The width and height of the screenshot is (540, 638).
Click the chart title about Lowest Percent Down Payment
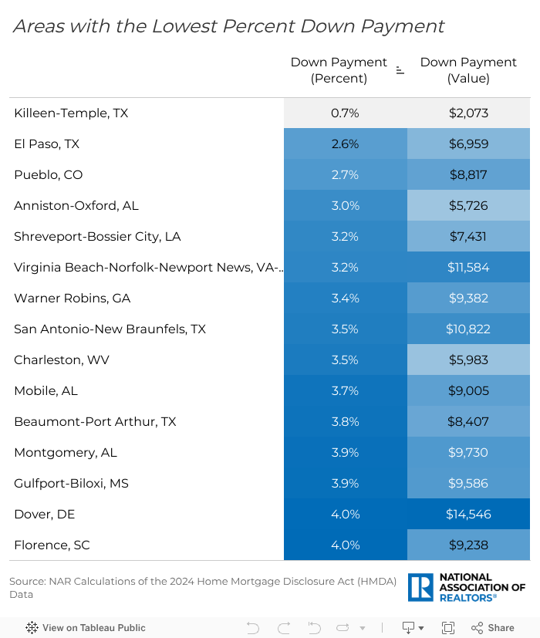coord(228,26)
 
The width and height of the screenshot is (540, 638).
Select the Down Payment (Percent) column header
coord(339,70)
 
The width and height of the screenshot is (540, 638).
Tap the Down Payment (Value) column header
coord(468,70)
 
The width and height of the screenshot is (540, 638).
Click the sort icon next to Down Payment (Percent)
coord(400,70)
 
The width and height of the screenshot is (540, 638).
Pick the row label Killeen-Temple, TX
coord(71,113)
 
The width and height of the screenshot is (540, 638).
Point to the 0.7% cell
coord(345,113)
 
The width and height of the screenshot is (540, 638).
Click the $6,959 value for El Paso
coord(468,144)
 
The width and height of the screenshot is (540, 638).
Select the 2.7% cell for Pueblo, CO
coord(345,175)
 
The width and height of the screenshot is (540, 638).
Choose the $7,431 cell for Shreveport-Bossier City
coord(468,237)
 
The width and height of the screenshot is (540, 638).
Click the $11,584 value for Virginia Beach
coord(468,268)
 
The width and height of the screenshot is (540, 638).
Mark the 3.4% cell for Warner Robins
coord(345,299)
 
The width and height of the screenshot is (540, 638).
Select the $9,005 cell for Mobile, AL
coord(468,391)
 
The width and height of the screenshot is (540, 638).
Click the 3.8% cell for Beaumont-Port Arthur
coord(345,422)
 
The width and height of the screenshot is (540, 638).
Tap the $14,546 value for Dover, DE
coord(468,515)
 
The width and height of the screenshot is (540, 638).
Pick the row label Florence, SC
coord(52,545)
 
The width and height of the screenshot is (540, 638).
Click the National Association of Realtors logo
coord(467,587)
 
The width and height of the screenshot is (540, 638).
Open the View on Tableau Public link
coord(86,628)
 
